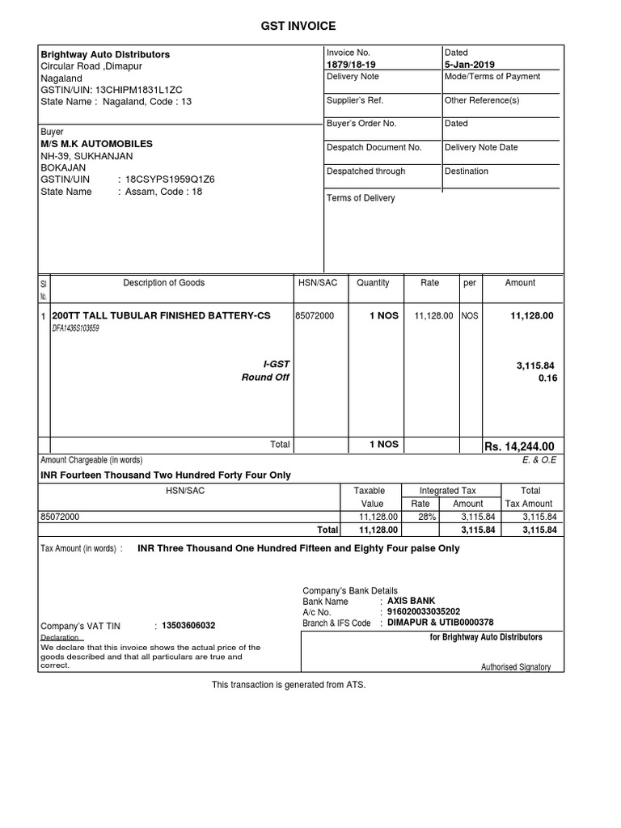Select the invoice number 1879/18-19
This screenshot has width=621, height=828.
tap(351, 65)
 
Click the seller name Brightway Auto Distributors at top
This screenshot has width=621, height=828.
tap(105, 54)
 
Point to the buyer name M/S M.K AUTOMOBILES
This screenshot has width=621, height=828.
tap(96, 143)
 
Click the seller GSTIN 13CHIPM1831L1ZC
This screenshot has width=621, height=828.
tap(141, 90)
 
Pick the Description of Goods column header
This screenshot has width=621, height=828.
tap(163, 283)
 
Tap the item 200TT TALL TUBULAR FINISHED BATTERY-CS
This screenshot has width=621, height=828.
tap(161, 315)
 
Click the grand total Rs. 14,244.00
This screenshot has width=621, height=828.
tap(518, 447)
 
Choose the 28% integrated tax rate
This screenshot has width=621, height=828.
tap(420, 516)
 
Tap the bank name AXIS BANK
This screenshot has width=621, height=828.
tap(412, 601)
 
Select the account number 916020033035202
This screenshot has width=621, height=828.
tap(425, 612)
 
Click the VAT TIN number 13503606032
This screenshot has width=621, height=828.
tap(188, 626)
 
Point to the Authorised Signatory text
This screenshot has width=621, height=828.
tap(515, 667)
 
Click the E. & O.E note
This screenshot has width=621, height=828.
tap(540, 460)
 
